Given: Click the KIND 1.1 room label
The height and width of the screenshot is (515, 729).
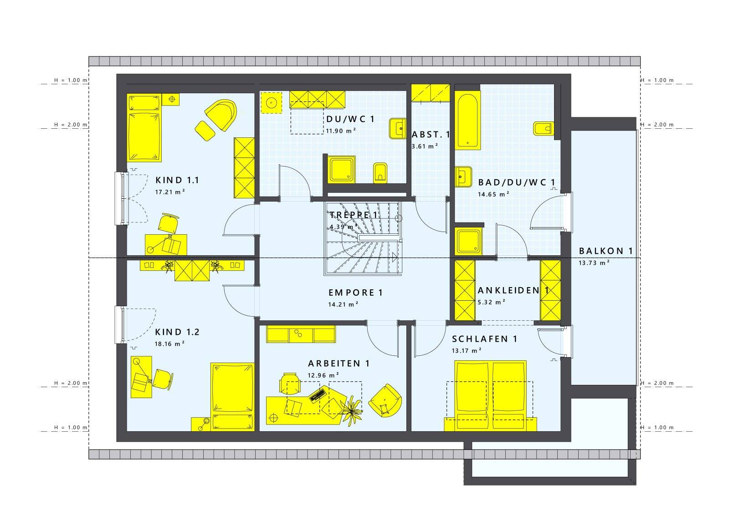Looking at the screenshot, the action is point(177,180).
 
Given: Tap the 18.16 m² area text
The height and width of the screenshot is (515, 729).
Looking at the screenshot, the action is point(169,344).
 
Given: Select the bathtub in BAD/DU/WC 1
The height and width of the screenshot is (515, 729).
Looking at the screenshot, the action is point(467,120).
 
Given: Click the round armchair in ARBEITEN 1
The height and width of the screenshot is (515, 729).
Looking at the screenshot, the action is point(385,400).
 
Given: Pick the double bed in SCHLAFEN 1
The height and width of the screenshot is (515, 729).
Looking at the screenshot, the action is point(490,396).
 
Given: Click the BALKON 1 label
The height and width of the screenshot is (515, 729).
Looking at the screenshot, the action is point(606,251).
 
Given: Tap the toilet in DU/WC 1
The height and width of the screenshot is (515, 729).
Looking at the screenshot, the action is point(380,172).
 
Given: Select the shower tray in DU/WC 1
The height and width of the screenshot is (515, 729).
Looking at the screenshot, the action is point(341,169).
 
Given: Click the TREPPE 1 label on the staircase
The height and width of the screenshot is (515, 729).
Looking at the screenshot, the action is point(354,215).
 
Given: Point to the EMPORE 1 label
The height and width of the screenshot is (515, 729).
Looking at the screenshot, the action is point(355,293).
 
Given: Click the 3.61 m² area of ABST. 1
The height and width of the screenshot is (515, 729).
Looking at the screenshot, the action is point(424,146).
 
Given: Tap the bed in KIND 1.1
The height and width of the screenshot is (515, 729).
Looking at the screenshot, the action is point(144,128).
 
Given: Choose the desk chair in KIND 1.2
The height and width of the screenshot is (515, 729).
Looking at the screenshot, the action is point(163,379).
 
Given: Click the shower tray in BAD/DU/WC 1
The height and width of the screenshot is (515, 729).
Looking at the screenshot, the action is point(468,241).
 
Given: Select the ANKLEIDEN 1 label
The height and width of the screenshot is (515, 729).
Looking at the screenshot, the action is point(513,290).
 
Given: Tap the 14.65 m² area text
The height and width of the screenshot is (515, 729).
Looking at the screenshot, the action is point(493,194).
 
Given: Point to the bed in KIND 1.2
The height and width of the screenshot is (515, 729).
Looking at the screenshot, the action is point(232,397).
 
